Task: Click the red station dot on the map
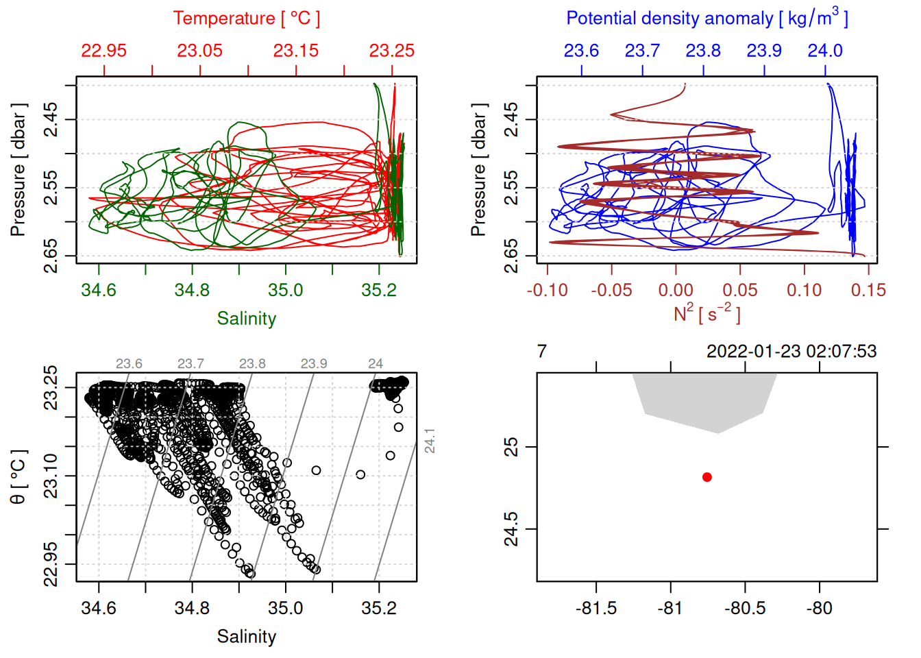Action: coord(707,477)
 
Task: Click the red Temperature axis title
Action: coord(246,19)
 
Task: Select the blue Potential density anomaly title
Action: coord(707,19)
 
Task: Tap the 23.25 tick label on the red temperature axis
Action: coord(392,51)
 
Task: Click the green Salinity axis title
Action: coord(246,319)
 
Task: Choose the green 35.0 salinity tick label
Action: coord(285,290)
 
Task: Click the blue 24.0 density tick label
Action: coord(824,51)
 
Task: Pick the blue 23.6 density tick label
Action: coord(581,51)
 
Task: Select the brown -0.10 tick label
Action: coord(547,291)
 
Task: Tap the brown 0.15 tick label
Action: coord(868,291)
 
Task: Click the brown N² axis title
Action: coord(707,313)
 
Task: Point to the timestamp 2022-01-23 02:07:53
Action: coord(791,352)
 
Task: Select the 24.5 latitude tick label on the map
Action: coord(512,529)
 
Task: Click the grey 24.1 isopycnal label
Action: coord(430,440)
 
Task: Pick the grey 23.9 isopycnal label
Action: coord(314,364)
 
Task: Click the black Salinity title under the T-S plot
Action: coord(246,637)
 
